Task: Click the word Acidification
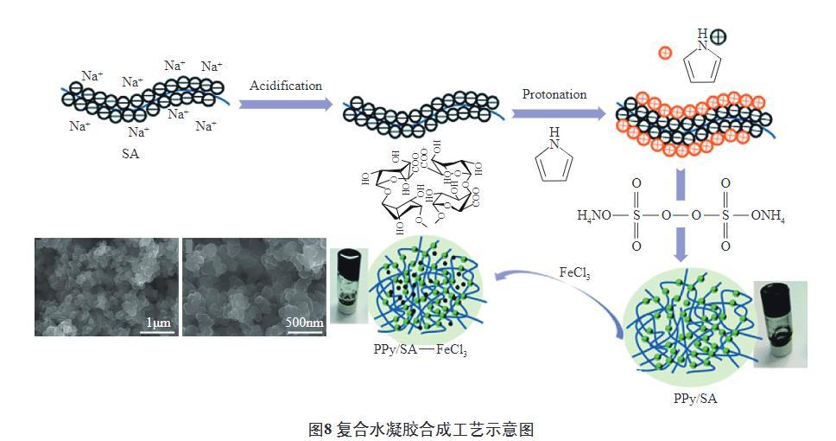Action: pos(286,86)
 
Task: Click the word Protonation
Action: pos(554,94)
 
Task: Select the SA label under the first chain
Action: pos(131,154)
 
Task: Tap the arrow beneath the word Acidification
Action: pos(286,105)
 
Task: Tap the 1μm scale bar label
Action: pos(158,322)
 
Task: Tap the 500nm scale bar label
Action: pos(304,323)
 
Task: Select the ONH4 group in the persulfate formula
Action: pos(766,214)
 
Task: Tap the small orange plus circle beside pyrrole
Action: pos(665,52)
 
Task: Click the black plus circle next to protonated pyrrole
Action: pos(719,36)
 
